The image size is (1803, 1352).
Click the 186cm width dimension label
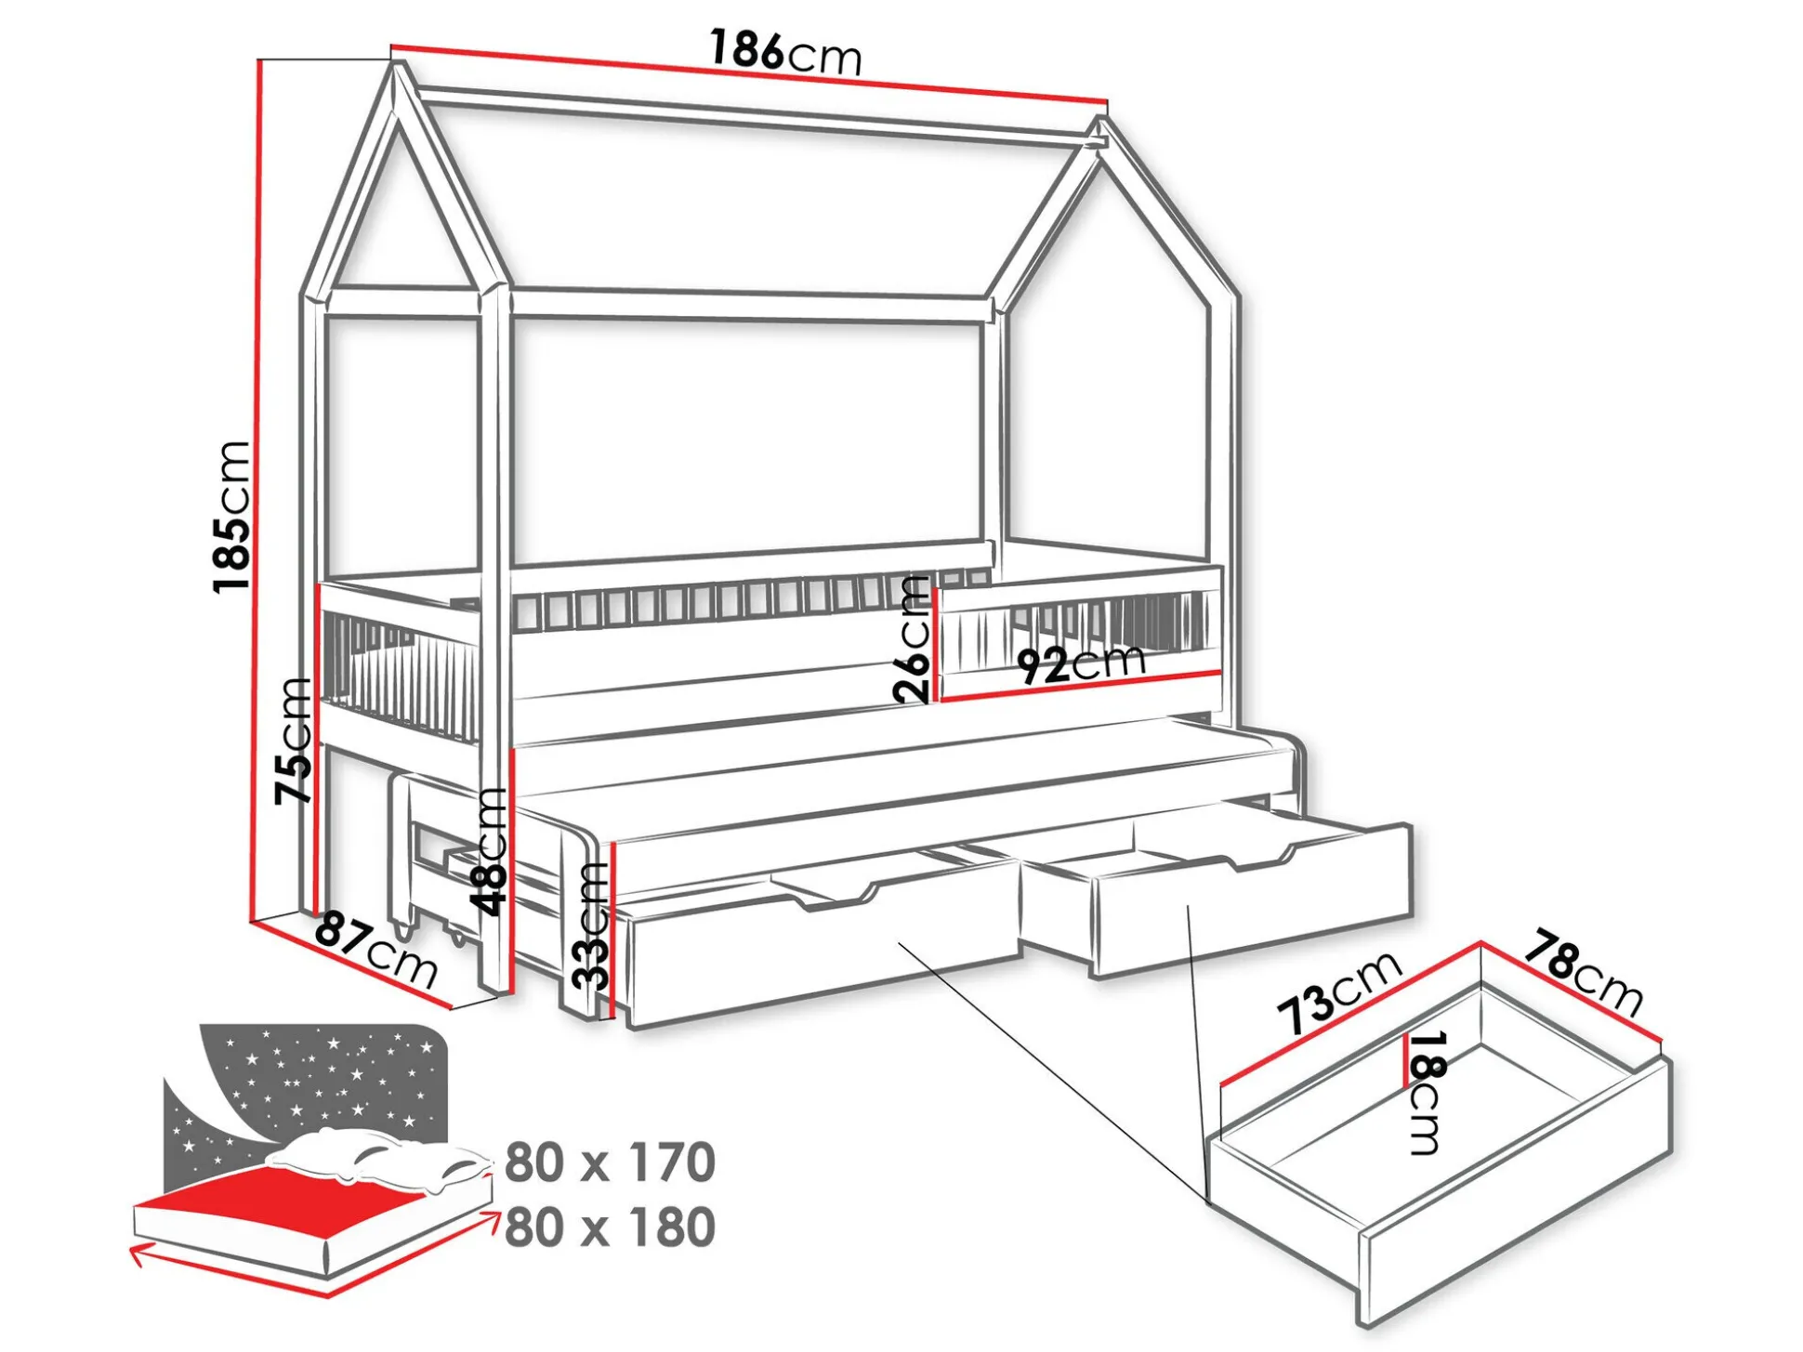[x=786, y=52]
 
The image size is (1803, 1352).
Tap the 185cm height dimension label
[x=232, y=517]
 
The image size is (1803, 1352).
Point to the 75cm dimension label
[x=294, y=740]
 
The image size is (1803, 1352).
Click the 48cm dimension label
[x=489, y=850]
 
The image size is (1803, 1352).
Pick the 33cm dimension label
[x=591, y=925]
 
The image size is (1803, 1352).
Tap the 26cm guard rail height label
[x=912, y=638]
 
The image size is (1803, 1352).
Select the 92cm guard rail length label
[x=1081, y=663]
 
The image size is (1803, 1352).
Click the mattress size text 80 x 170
[x=610, y=1162]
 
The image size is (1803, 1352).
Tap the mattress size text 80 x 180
[x=610, y=1227]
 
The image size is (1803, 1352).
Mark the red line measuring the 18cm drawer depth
[x=1404, y=1060]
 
